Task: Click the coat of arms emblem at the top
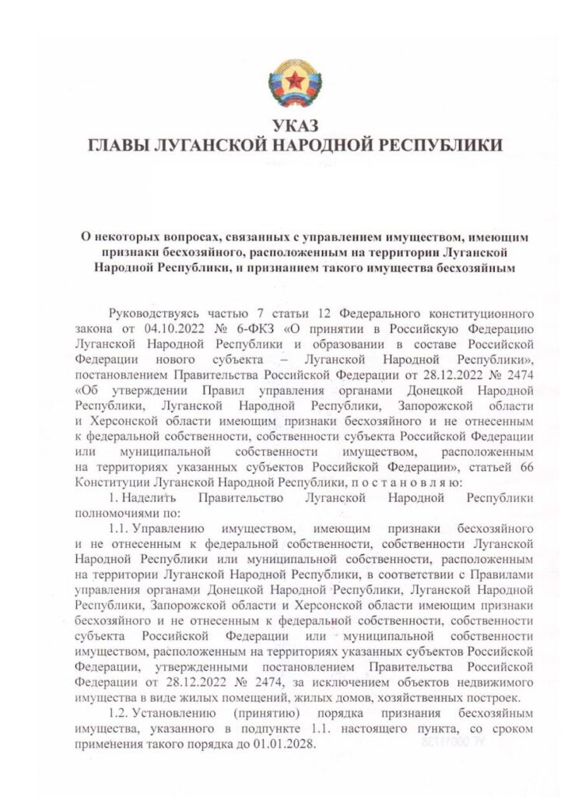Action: click(291, 86)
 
